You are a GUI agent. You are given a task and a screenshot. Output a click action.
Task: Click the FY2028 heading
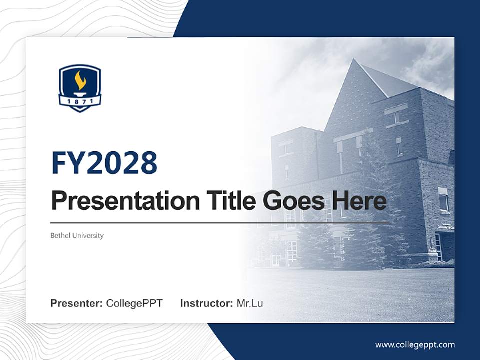point(104,163)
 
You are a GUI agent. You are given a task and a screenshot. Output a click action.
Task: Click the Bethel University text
point(77,235)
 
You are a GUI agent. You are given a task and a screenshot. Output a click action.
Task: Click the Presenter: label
point(77,303)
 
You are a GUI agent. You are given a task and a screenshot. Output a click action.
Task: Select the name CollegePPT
point(134,303)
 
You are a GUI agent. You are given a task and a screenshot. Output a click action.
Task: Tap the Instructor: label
point(206,303)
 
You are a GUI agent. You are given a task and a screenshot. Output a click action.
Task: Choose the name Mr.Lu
point(250,303)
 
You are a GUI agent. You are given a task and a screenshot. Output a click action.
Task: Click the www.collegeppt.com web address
point(415,345)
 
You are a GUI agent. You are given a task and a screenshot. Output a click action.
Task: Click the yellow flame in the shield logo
point(80,80)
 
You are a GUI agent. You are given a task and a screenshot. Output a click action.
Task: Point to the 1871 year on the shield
point(80,101)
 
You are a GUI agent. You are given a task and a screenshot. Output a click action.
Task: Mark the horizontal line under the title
point(220,222)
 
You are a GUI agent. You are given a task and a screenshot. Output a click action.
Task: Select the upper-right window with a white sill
point(443,200)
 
